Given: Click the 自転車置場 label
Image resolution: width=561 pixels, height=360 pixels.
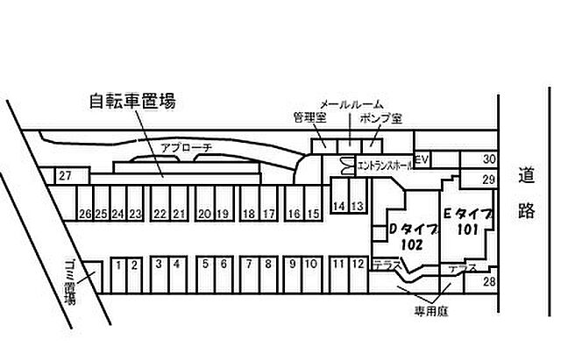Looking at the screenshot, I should (132, 101).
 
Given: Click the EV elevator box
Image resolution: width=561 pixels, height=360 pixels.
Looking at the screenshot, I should (421, 159).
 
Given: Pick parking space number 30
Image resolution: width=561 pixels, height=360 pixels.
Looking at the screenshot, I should (489, 159).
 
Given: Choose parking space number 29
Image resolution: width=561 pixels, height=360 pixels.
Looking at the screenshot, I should (489, 179).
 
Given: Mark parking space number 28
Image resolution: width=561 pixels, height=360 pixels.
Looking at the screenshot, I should (489, 281).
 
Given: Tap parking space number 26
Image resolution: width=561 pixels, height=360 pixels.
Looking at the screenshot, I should (85, 213).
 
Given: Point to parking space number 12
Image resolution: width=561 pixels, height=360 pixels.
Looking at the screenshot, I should (358, 264).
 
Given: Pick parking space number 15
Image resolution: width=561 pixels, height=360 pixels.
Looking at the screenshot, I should (314, 213).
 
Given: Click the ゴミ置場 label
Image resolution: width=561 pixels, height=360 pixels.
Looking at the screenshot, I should (70, 282).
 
